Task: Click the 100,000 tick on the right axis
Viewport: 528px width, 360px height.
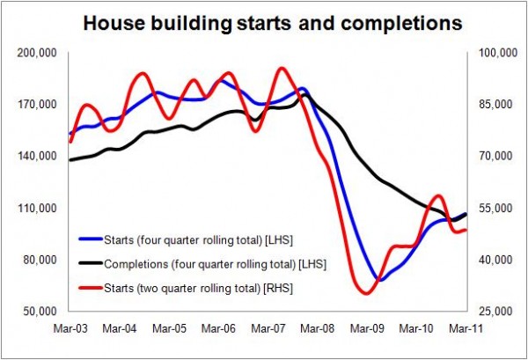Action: tap(491, 54)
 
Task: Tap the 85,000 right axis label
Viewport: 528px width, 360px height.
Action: tap(489, 105)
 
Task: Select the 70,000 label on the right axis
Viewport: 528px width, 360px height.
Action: tap(489, 157)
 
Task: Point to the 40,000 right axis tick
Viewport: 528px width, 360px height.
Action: tap(489, 261)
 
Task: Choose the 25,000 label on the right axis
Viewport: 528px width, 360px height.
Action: tap(489, 312)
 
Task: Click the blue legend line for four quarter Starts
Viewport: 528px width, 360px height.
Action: tap(89, 238)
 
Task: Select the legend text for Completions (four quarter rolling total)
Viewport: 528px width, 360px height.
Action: tap(202, 262)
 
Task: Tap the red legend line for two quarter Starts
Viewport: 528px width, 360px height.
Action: tap(89, 287)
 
